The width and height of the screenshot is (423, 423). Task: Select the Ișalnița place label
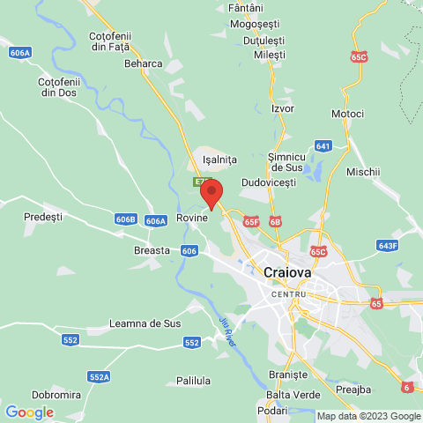(220, 160)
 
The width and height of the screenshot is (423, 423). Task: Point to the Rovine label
(192, 217)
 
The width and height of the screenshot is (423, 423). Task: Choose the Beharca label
(143, 63)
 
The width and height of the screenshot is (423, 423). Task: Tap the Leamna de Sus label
(145, 323)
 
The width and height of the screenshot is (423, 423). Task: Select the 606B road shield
(126, 219)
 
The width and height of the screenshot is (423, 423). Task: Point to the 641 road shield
(323, 146)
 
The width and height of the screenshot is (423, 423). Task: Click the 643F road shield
(388, 245)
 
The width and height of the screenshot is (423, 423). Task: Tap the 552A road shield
(99, 377)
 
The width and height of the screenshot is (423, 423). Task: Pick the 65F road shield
(252, 222)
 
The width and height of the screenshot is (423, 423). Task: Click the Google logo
(29, 412)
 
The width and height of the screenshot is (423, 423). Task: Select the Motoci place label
(347, 115)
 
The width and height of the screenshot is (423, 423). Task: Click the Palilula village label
(193, 381)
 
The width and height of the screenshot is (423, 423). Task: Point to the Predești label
(43, 216)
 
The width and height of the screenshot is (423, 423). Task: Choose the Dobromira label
(56, 394)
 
